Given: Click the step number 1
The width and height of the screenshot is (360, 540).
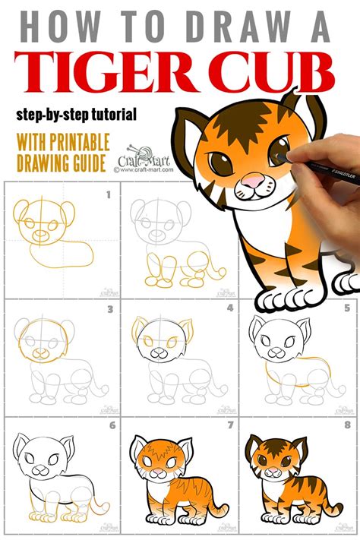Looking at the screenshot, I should pos(108,195).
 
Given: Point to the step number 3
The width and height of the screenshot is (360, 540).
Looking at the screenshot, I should pos(110,309).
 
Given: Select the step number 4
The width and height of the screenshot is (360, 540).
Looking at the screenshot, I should pos(230,309).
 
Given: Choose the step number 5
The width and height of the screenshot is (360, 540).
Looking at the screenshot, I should pos(346,309).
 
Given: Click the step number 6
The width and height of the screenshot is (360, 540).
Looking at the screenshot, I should pos(110,426).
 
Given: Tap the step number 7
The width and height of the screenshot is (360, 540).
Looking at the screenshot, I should pos(230,426).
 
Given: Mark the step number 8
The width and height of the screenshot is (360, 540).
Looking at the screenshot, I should pos(346,426).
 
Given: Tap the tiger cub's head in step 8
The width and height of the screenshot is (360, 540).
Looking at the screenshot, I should pos(274,459).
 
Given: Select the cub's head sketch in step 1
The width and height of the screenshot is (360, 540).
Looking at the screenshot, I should pos(36,220).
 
